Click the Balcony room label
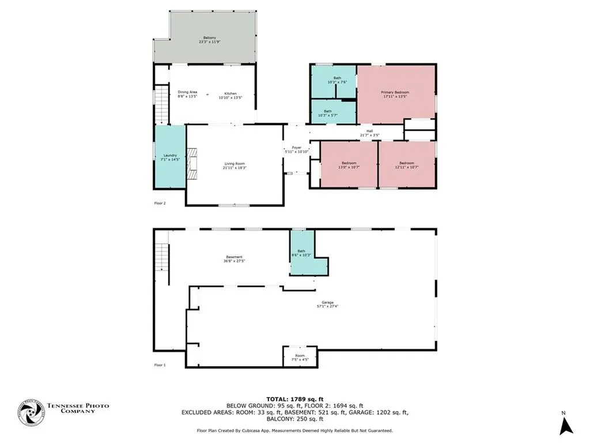click(x=205, y=40)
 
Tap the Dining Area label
click(x=187, y=95)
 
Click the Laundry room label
click(x=169, y=157)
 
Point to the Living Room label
click(x=235, y=166)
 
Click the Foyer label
click(x=297, y=149)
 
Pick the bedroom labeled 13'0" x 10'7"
click(x=349, y=165)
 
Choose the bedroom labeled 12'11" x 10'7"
click(x=406, y=165)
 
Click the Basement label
click(x=233, y=259)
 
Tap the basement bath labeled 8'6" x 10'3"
click(x=301, y=253)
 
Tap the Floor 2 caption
click(x=160, y=204)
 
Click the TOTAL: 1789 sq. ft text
click(x=294, y=399)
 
